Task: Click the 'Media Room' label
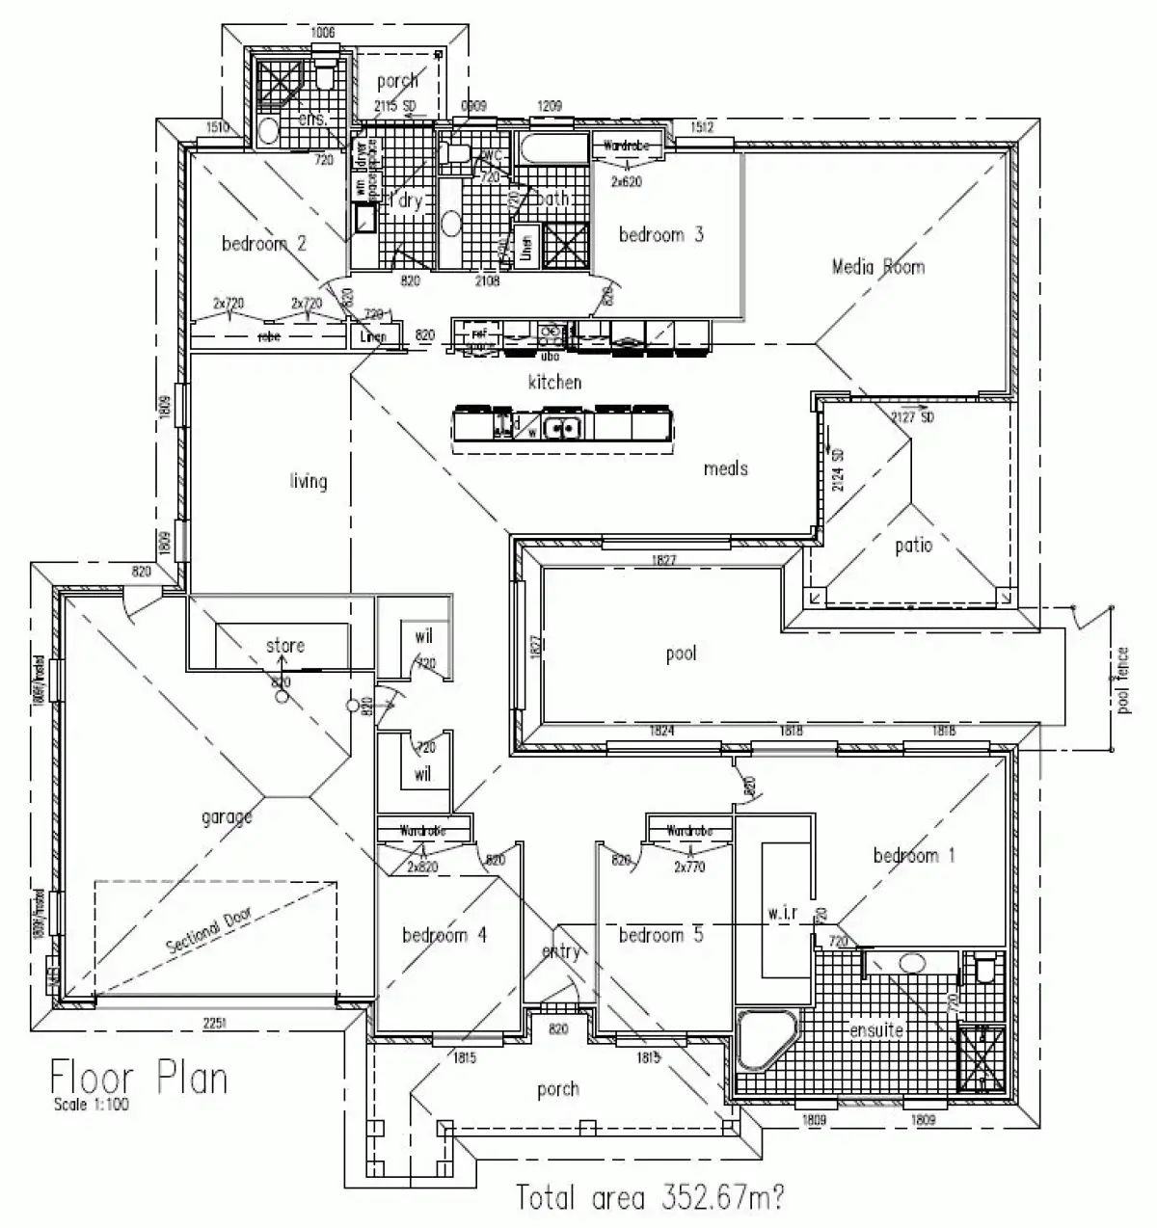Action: (x=877, y=266)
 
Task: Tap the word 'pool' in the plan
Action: (x=681, y=654)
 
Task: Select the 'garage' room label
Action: (x=228, y=817)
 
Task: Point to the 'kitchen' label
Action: (x=555, y=383)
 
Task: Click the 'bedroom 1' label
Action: (x=914, y=855)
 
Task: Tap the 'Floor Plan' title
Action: (x=139, y=1076)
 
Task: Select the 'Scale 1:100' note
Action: (x=91, y=1105)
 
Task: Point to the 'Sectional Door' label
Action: (x=206, y=932)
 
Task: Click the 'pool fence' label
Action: (x=1123, y=681)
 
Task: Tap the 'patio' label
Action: (x=913, y=546)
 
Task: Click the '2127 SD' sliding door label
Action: (x=913, y=417)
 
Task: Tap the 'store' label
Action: (x=285, y=646)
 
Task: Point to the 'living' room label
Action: (x=309, y=481)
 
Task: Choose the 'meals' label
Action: (x=726, y=468)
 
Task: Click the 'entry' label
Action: (x=560, y=952)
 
